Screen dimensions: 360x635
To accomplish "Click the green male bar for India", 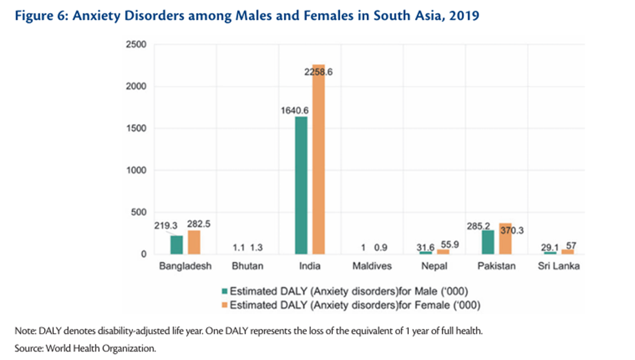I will [301, 185].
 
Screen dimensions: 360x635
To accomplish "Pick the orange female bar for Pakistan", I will [506, 239].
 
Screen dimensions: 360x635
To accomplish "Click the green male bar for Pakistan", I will [489, 242].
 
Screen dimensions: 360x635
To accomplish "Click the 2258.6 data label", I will [318, 71].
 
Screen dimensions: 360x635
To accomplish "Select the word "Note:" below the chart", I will [25, 331].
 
